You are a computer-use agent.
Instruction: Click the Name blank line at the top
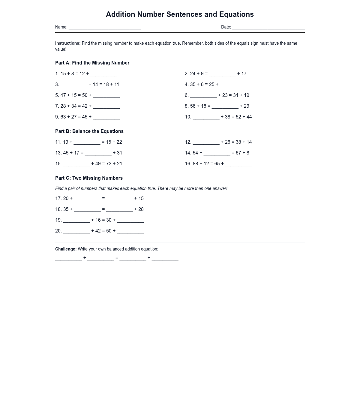pos(105,28)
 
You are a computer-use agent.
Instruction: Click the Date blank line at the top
pos(268,28)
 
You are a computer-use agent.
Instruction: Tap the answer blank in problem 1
pos(103,74)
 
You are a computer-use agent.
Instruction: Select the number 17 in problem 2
pos(244,74)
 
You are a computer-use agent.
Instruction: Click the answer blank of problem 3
pos(74,85)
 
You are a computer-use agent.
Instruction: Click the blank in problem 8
pos(225,106)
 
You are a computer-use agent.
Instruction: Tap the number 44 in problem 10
pos(249,117)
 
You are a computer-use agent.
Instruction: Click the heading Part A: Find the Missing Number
pos(92,63)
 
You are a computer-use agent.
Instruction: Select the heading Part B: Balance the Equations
pos(89,131)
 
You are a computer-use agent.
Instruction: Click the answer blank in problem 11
pos(87,142)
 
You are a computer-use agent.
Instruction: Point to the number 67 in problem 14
pos(238,153)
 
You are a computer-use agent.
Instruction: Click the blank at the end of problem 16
pos(238,164)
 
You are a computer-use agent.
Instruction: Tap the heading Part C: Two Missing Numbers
pos(89,178)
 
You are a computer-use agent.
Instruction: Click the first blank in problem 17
pos(87,199)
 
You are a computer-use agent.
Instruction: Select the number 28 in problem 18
pos(141,209)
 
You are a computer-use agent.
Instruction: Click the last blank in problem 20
pos(130,231)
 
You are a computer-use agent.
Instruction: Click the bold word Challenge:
pos(66,249)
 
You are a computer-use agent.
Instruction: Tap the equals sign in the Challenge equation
pos(117,258)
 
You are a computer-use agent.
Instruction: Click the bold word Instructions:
pos(68,43)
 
